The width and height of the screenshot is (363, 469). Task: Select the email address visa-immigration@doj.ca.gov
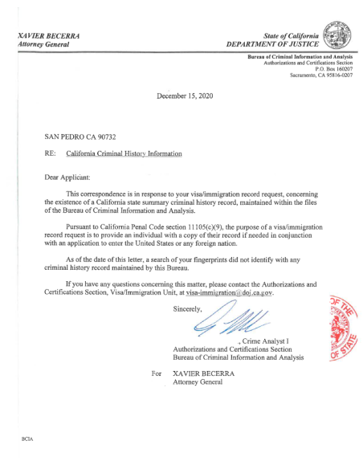point(238,295)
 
